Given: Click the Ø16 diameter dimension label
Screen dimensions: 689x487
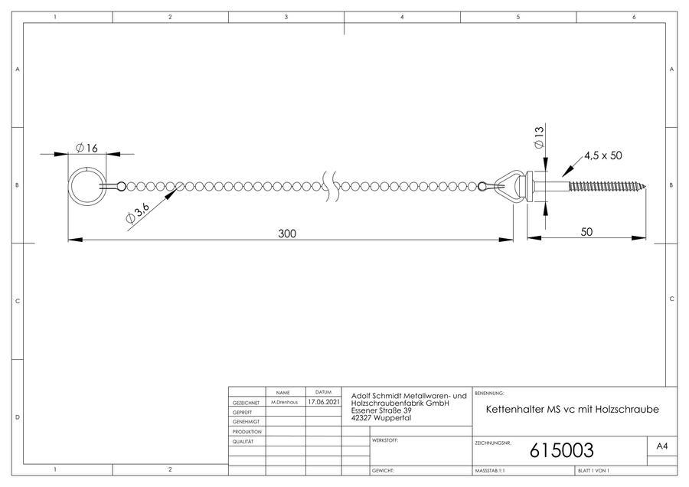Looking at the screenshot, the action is pos(87,148).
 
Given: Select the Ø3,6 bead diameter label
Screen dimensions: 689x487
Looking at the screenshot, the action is pos(138,213).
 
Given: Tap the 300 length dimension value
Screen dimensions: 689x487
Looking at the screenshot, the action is pos(287,234).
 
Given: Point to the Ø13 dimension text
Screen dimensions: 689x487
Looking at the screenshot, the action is pos(539,138).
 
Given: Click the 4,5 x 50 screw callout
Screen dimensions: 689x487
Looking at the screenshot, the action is pos(603,155).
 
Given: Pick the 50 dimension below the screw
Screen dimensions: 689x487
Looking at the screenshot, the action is pos(586,232).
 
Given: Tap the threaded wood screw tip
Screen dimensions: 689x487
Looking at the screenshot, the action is pos(646,187).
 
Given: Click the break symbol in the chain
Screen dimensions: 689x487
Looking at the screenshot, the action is pos(331,187).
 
